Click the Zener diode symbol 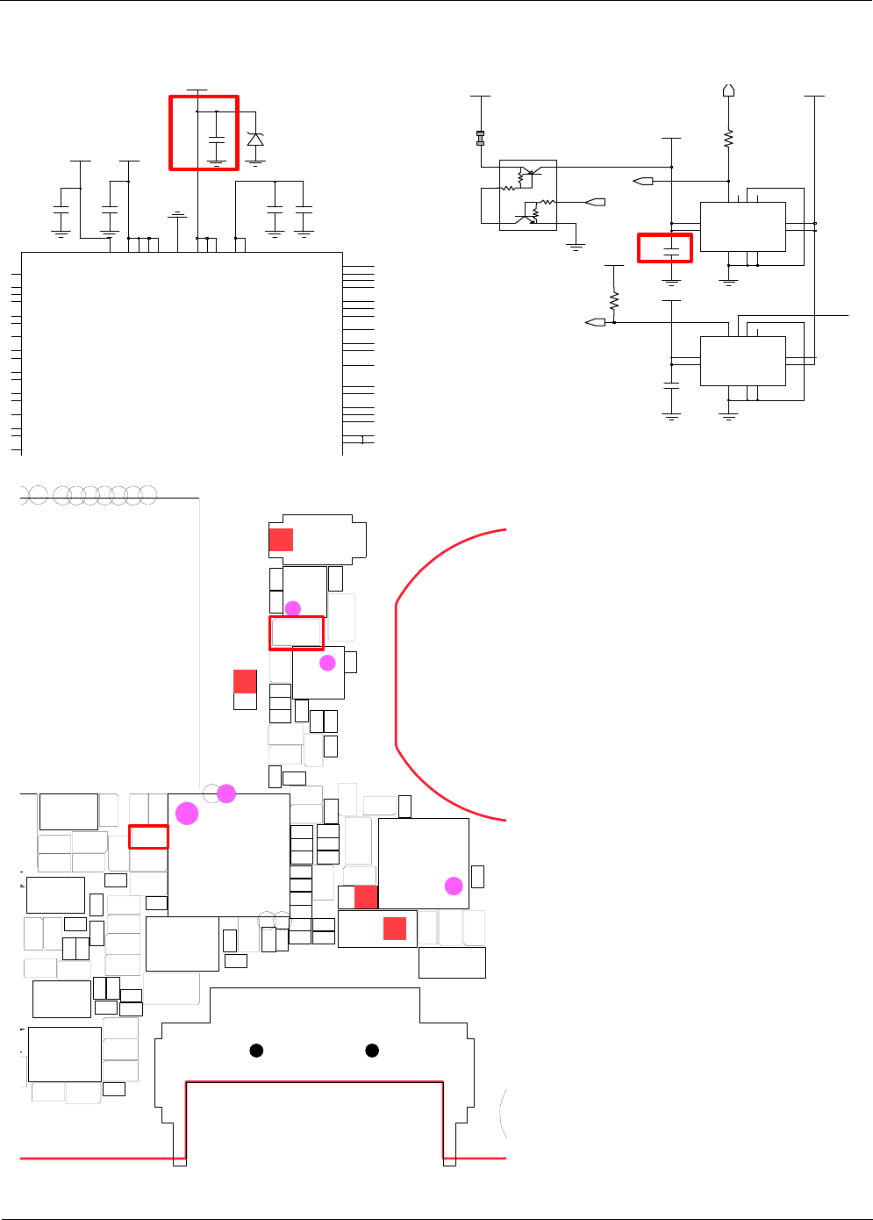[x=255, y=140]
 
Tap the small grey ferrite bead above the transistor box [x=480, y=138]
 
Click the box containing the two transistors [x=527, y=195]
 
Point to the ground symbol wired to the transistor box [x=576, y=247]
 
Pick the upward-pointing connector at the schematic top [x=728, y=90]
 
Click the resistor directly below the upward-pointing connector [x=728, y=138]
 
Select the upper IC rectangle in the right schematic [x=742, y=227]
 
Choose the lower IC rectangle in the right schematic [x=742, y=361]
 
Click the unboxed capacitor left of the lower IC [x=671, y=384]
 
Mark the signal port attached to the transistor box [x=597, y=202]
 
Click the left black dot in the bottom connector [x=256, y=1051]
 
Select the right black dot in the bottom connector [x=372, y=1051]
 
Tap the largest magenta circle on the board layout [x=187, y=814]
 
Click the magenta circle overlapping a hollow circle [x=226, y=793]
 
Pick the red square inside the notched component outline [x=281, y=540]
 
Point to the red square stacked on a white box [x=245, y=681]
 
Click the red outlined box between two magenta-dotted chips [x=297, y=633]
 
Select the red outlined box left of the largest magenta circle [x=148, y=836]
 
